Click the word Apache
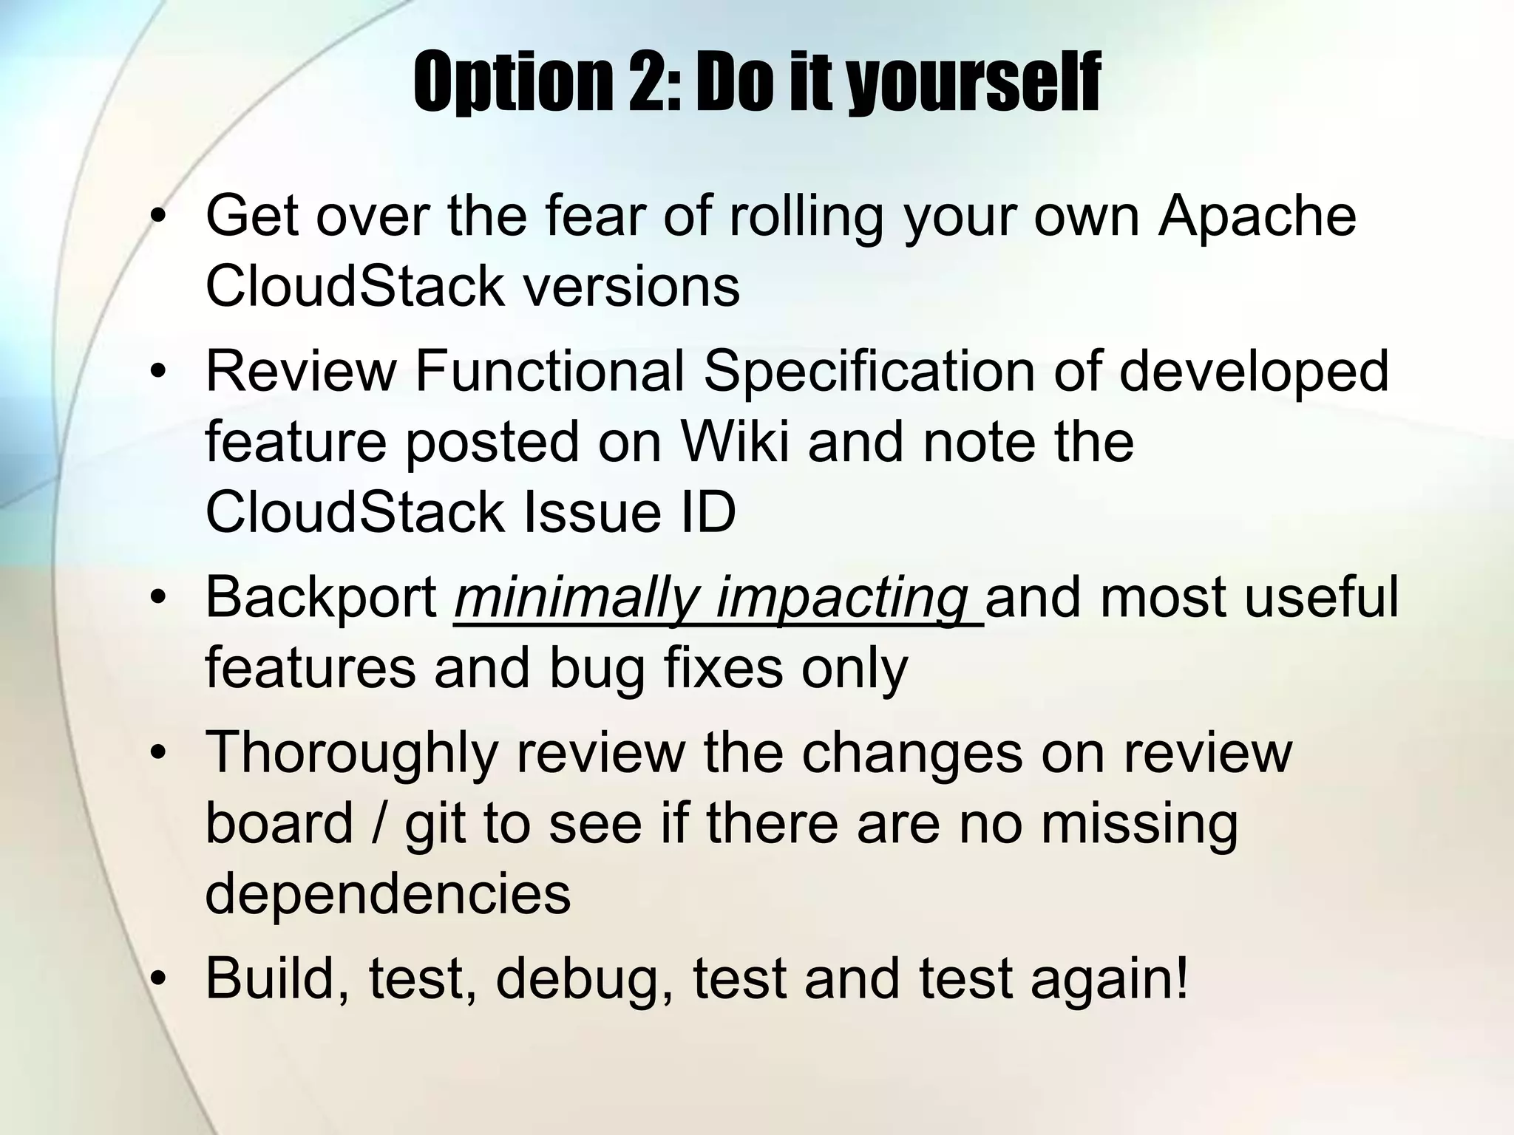[1257, 216]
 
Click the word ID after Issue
[706, 512]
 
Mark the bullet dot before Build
[157, 979]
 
